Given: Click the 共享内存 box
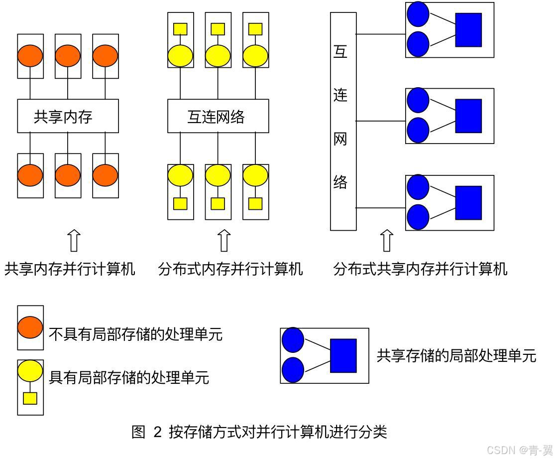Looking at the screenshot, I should tap(68, 116).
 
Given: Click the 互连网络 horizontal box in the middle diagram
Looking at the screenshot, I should tap(218, 116).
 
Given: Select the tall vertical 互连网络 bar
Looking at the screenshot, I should tap(343, 121).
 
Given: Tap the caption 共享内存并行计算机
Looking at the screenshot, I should tap(70, 269).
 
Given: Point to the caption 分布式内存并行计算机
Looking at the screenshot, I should tap(230, 269).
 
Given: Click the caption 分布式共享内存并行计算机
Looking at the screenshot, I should tap(420, 269).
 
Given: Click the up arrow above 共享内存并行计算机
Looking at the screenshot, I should tap(74, 241).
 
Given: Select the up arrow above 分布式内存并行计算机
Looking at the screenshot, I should tap(224, 241).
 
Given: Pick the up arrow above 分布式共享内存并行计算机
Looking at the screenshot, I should tap(387, 241).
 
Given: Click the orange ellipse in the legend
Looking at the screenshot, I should tap(30, 327).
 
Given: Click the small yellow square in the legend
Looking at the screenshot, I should tap(30, 398).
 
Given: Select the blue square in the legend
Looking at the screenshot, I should tap(343, 356).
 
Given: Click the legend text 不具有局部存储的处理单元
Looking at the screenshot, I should tap(135, 334).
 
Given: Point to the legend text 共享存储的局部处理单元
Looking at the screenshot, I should tap(456, 356).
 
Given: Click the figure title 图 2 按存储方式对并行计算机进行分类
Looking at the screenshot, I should tap(259, 432).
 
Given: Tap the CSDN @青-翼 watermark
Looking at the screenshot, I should tap(520, 450).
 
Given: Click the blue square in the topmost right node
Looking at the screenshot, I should tap(468, 30).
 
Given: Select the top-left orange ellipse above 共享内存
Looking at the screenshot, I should tap(30, 56).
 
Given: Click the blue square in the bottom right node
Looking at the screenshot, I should tap(468, 203).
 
